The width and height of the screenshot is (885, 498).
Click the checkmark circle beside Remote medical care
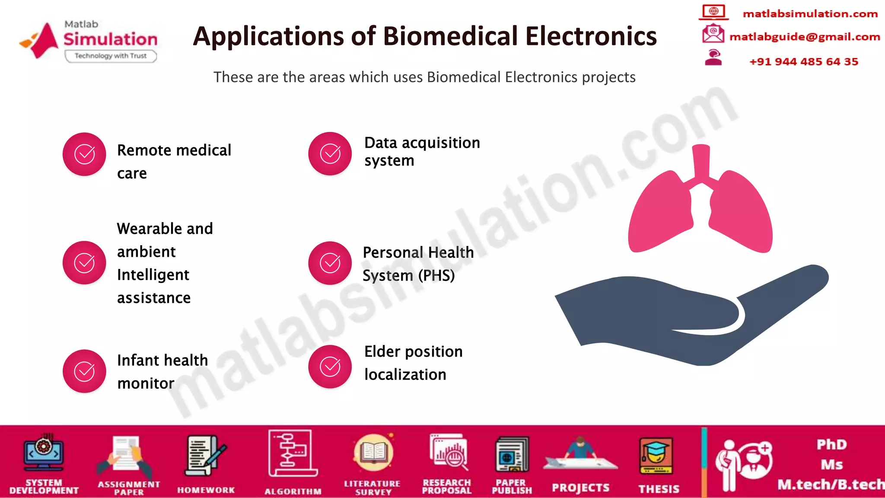(84, 154)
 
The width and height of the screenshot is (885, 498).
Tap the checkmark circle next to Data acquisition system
(330, 153)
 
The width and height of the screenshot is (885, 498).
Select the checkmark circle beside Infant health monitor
(84, 371)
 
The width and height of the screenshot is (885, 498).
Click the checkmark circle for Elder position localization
(330, 367)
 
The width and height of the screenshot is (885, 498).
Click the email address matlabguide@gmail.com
(805, 37)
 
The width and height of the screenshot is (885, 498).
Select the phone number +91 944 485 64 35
(803, 61)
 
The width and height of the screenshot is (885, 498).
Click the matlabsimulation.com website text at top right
(810, 14)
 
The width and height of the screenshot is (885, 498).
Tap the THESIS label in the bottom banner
(659, 489)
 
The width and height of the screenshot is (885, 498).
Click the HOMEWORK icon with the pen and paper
(205, 456)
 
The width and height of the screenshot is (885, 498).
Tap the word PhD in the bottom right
(831, 444)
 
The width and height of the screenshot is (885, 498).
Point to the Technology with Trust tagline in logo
(111, 56)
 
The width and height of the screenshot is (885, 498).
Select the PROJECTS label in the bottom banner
(580, 488)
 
